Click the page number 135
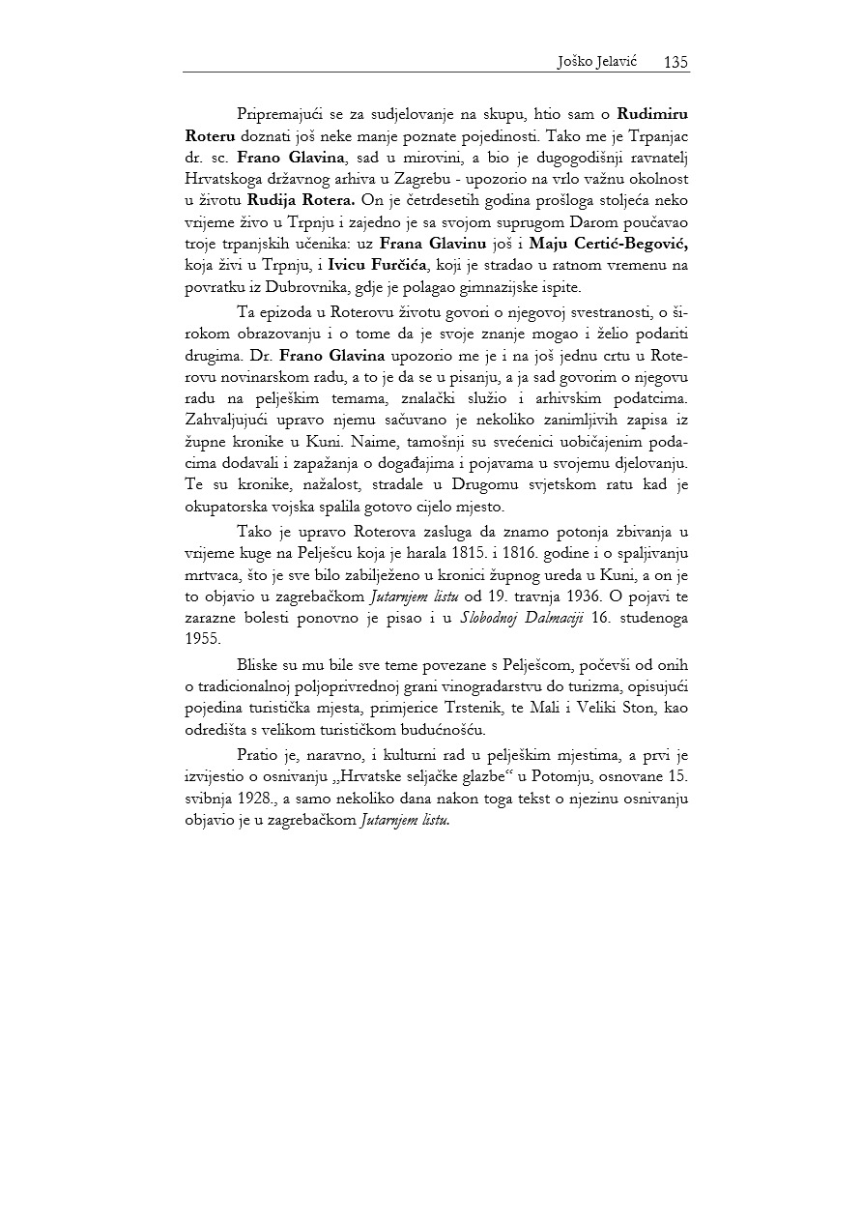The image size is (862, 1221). [x=675, y=62]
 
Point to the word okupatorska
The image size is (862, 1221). [x=228, y=506]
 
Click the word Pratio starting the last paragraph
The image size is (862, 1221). [x=256, y=757]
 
